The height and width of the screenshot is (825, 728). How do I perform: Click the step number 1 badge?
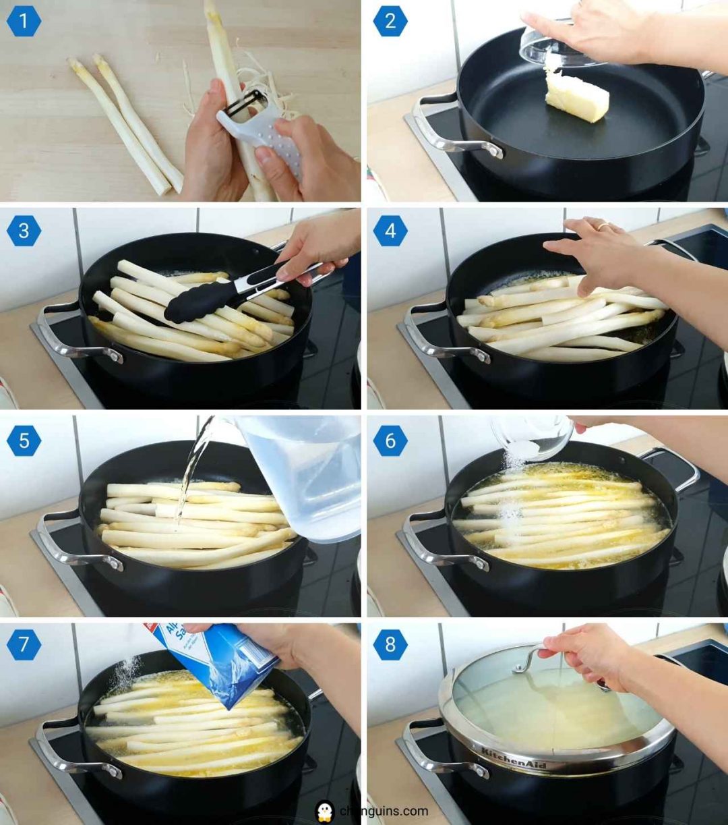coord(24,22)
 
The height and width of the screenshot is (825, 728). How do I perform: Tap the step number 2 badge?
coord(390,22)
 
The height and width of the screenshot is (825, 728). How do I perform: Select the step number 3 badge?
coord(24,231)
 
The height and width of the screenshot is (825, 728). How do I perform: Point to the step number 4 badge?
coord(390,231)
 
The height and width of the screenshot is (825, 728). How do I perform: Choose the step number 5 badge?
coord(24,441)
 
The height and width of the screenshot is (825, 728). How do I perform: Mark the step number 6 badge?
coord(390,441)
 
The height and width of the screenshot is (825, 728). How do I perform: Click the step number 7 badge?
coord(24,644)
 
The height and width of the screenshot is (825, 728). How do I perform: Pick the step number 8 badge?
coord(390,644)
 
